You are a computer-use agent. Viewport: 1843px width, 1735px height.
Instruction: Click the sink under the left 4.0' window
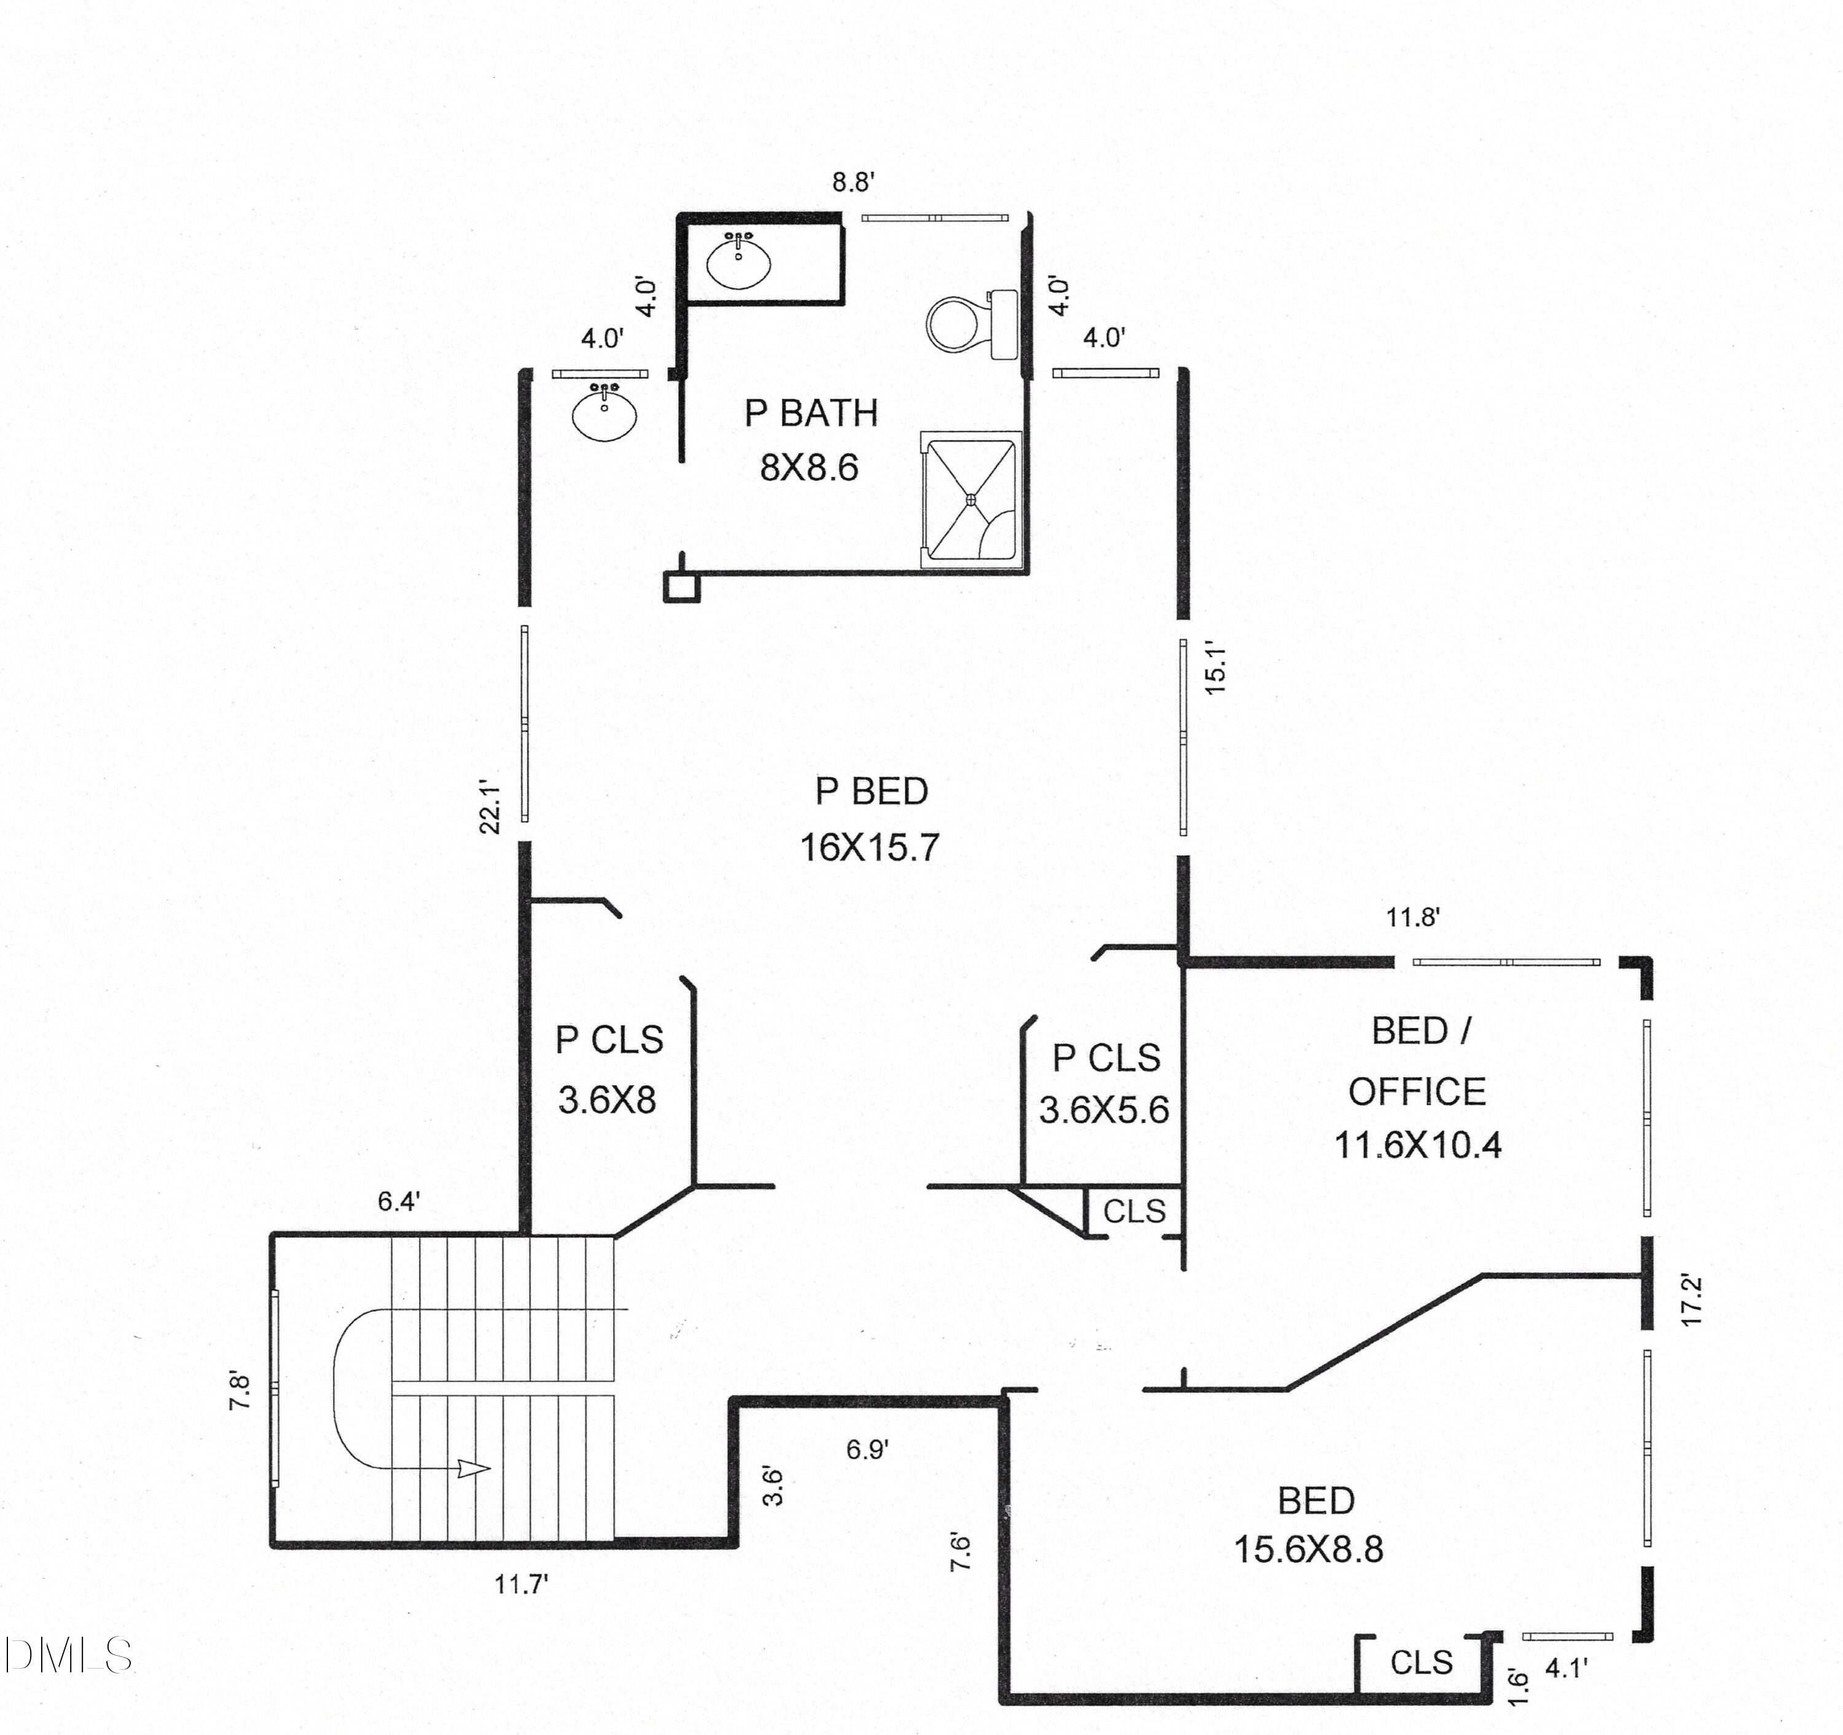[605, 413]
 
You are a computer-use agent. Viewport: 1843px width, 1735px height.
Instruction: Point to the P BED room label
[872, 791]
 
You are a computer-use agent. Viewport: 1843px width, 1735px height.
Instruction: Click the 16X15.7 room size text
[869, 847]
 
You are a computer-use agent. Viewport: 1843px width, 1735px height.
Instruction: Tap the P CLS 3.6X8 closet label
[609, 1040]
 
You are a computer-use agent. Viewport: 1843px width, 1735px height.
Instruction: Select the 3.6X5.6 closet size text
[1103, 1110]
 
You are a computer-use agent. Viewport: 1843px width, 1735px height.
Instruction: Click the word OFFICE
[1417, 1092]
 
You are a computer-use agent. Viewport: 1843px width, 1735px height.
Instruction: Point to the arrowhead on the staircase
[475, 1469]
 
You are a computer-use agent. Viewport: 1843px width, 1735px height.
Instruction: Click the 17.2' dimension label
[1693, 1302]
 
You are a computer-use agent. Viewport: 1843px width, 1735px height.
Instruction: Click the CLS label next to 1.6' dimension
[1421, 1663]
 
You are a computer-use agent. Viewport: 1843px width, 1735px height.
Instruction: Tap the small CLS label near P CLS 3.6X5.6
[1134, 1211]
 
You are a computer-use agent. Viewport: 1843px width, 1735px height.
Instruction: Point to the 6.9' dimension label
[867, 1449]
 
